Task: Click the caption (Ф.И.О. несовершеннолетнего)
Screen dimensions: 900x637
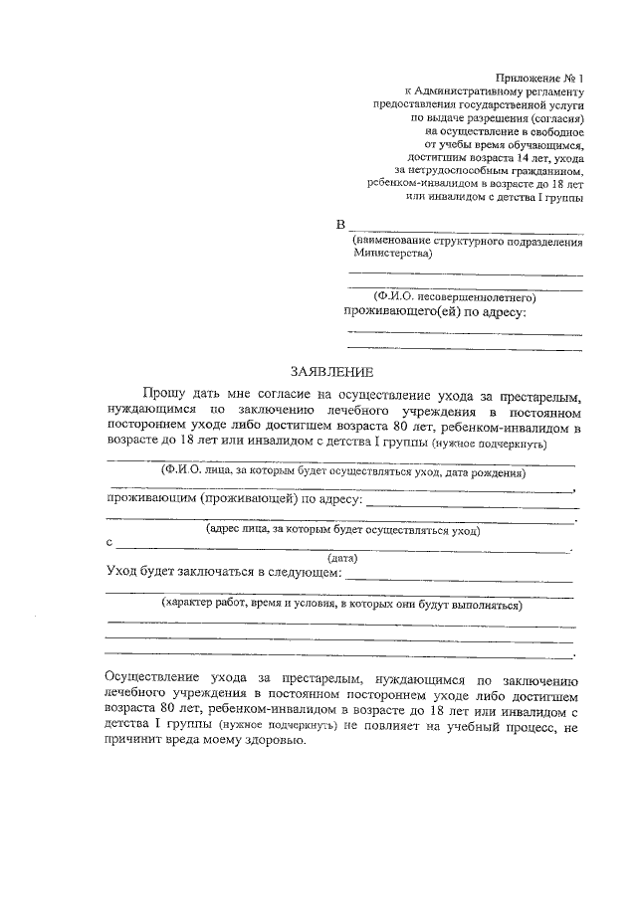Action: (456, 296)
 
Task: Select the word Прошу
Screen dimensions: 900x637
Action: (164, 395)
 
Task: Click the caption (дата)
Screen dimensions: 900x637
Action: (342, 559)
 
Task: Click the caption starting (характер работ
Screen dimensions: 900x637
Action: (342, 604)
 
